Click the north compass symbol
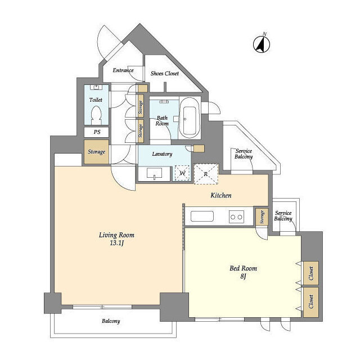pos(262,44)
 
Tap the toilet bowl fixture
pos(96,116)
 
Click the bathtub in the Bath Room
pos(190,118)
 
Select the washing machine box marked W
pos(182,173)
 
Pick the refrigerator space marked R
pos(206,174)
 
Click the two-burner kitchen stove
pos(236,217)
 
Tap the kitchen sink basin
pos(202,216)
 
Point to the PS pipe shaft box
pos(96,132)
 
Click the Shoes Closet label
pos(165,74)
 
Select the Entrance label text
pos(123,70)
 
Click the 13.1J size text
pos(117,243)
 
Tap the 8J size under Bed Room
pos(244,276)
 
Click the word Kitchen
pos(221,195)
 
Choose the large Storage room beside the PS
pos(96,152)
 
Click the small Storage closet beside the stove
pos(262,217)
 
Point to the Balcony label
pos(111,321)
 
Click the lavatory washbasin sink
pos(154,173)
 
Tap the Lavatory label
pos(162,154)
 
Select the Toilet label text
pos(96,100)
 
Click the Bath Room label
pos(162,121)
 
